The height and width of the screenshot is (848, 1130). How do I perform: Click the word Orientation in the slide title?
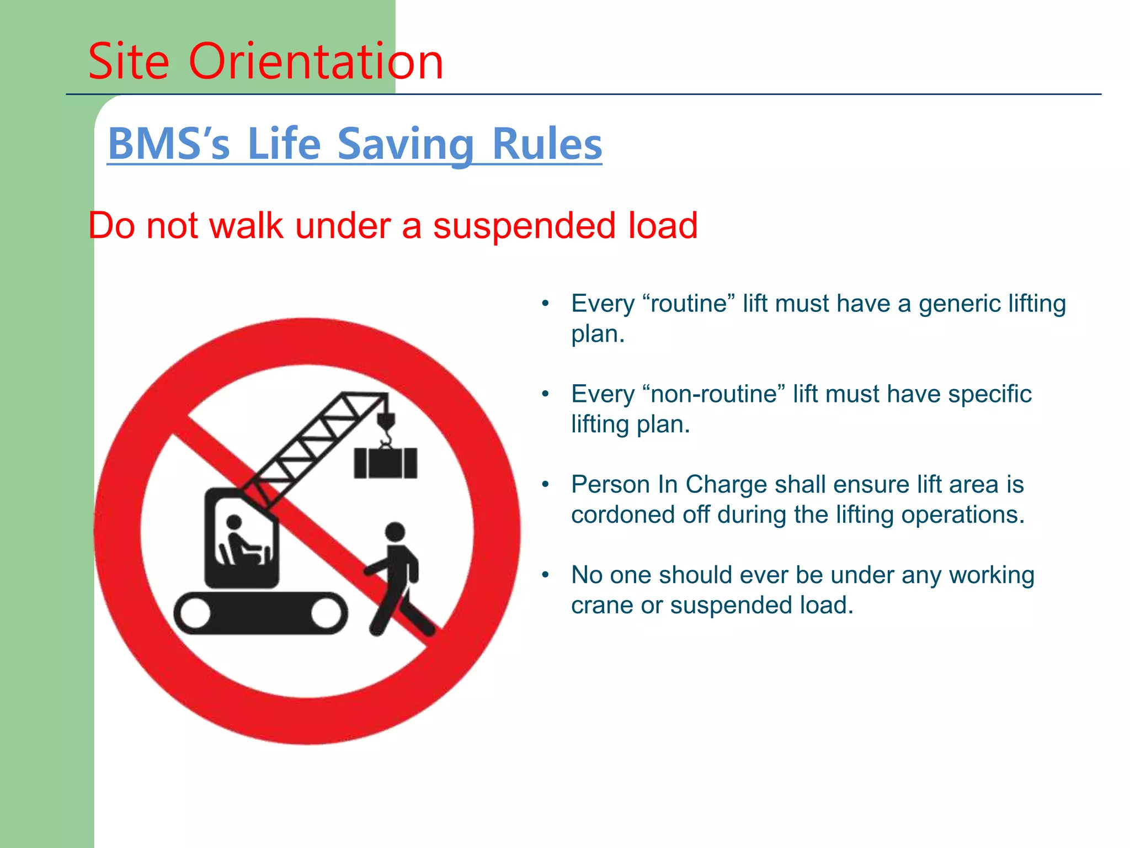coord(316,61)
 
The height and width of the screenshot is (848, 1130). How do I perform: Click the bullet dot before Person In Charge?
coord(546,485)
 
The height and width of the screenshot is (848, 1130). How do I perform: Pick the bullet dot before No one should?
coord(546,575)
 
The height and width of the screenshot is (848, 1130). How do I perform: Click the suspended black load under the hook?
coord(386,463)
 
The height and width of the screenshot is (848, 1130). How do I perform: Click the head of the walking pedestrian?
coord(395,532)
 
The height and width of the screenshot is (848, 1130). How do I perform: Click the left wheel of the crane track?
coord(195,613)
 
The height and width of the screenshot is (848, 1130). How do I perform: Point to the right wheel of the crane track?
coord(327,613)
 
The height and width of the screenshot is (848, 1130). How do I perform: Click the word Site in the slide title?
coord(129,61)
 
